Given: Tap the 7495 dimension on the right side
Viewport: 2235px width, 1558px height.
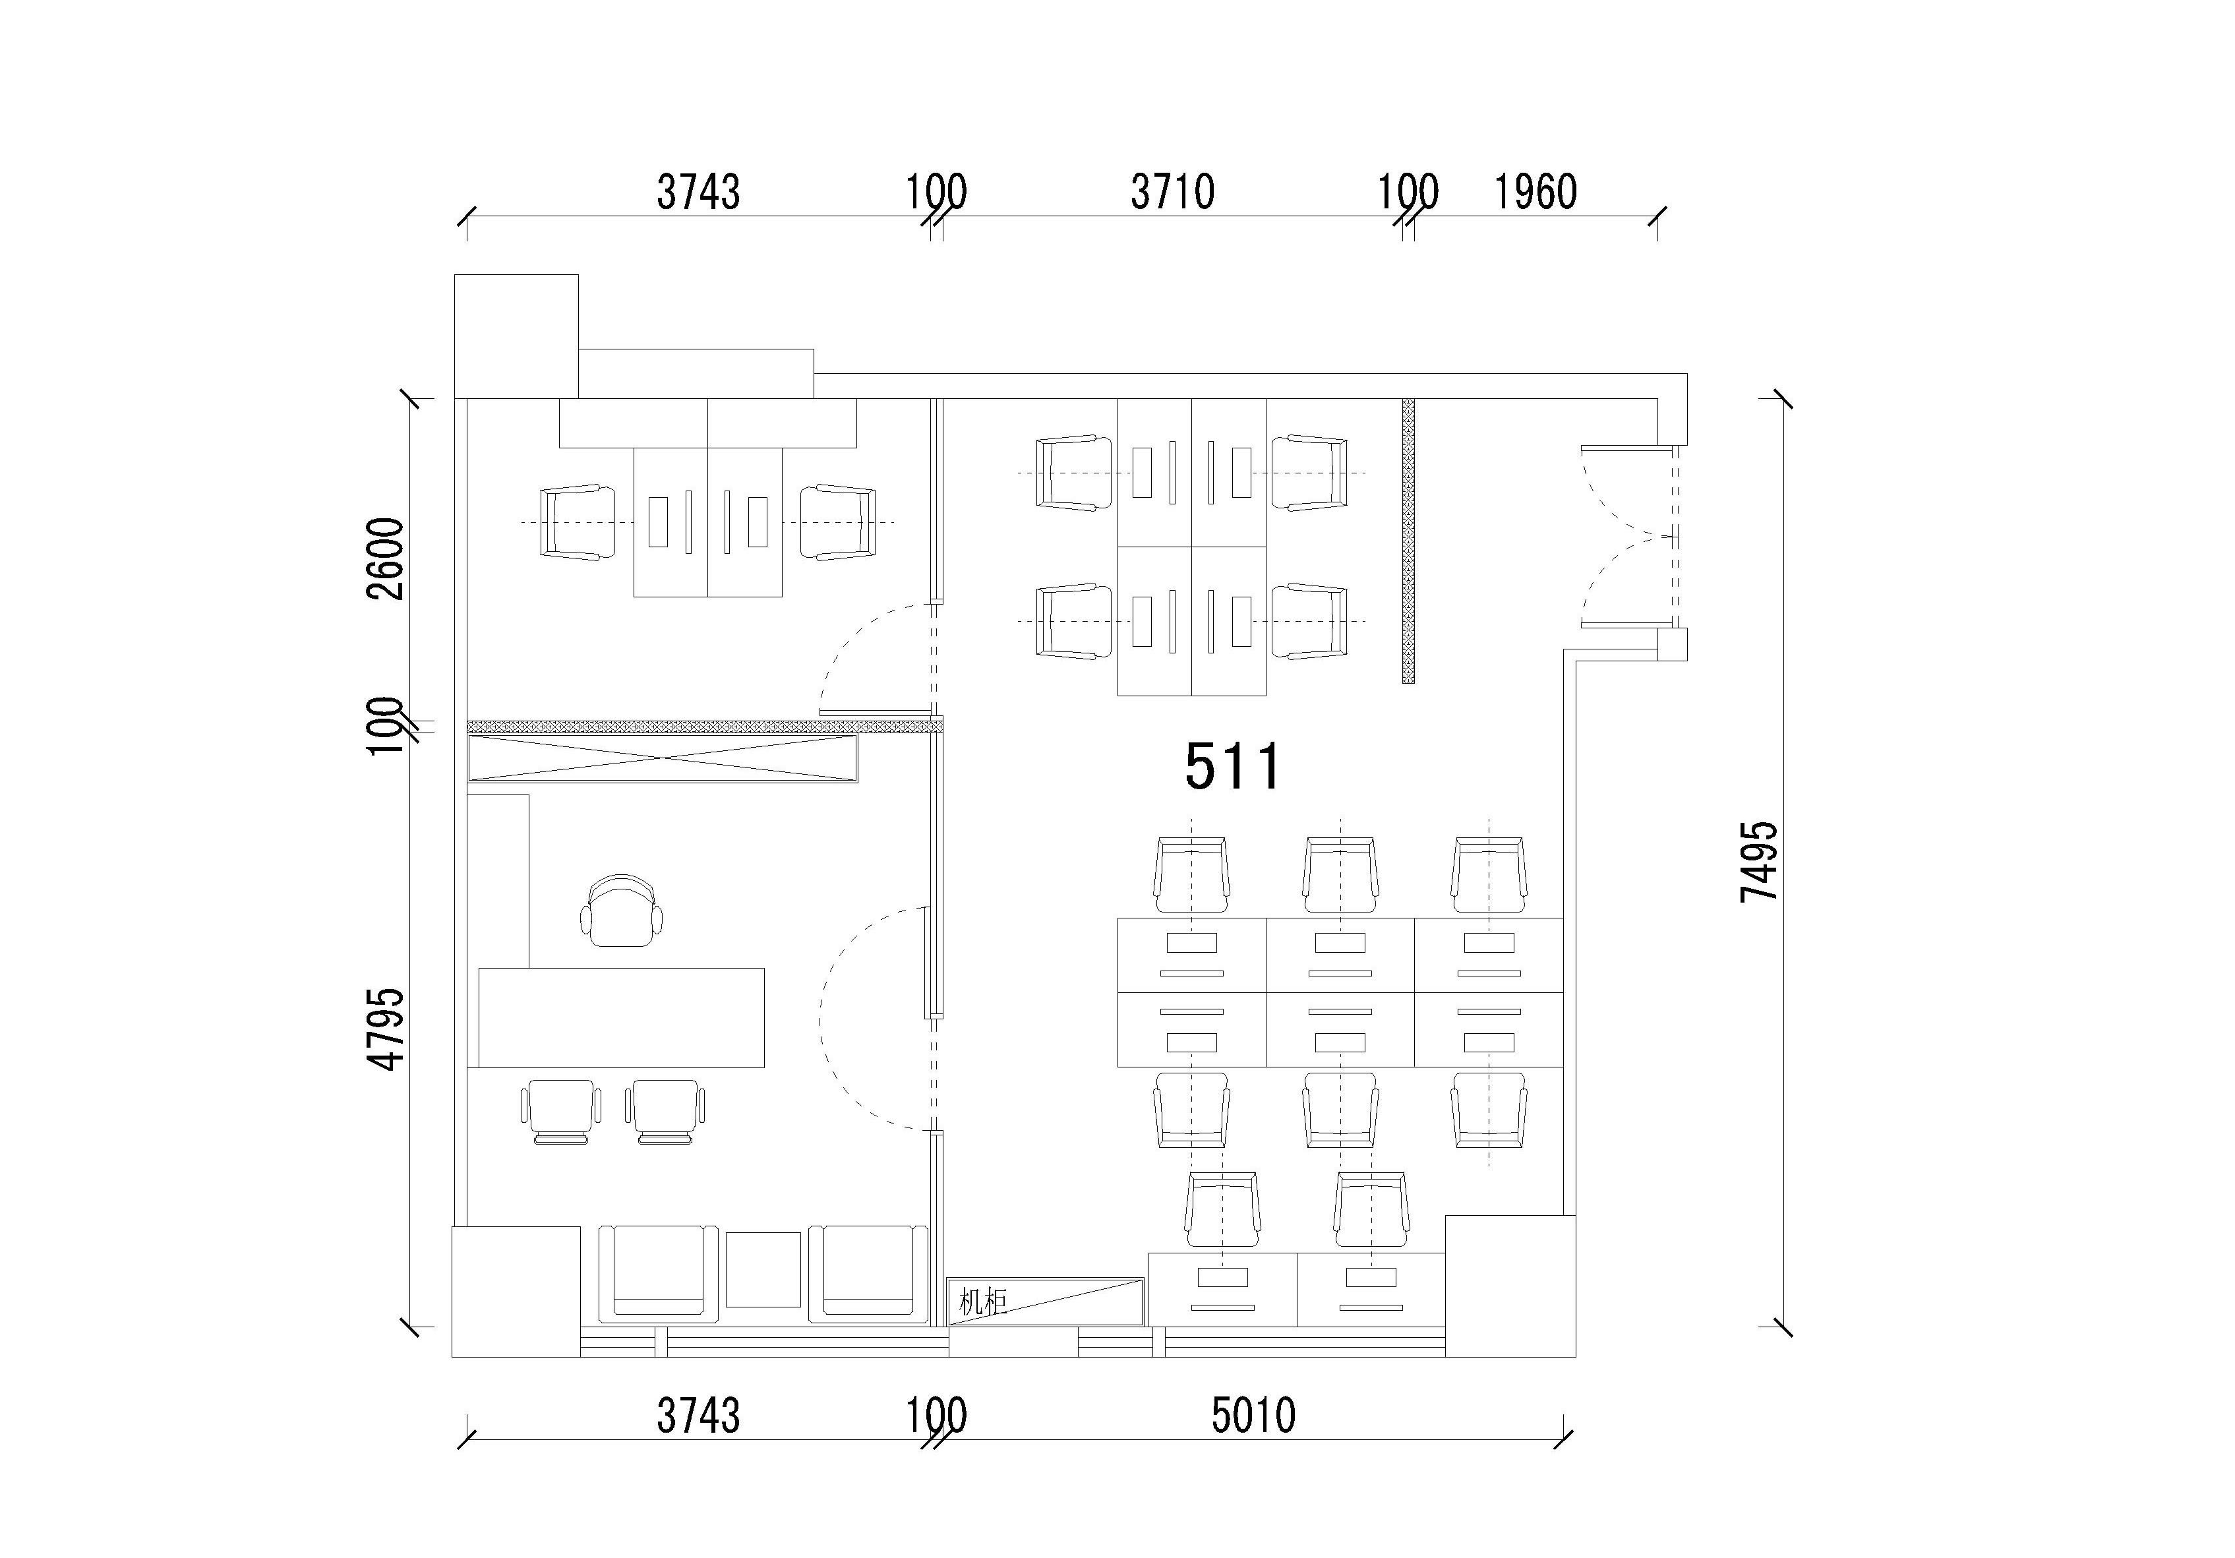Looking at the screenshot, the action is [x=1759, y=863].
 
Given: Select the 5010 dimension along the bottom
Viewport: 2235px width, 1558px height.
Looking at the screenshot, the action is [x=1254, y=1416].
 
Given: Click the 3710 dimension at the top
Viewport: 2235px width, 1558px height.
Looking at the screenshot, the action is [x=1172, y=192].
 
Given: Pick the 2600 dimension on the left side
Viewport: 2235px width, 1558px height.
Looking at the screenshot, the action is [x=386, y=559].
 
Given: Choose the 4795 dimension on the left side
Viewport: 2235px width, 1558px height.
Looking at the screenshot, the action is [x=386, y=1029].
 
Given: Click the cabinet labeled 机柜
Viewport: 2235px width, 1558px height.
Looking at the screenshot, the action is [x=1046, y=1301].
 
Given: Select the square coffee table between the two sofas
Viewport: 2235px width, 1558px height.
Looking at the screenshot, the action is [x=764, y=1270].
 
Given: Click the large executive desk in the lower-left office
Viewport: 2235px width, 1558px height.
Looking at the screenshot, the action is [x=621, y=1017].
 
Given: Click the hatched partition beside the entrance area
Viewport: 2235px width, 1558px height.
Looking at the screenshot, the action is [x=1408, y=541].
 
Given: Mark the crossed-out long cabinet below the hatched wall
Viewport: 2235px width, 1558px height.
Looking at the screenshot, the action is [x=663, y=758].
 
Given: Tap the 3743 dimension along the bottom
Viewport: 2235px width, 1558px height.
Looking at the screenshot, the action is [x=698, y=1416].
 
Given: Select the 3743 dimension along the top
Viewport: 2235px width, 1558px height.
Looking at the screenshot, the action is [x=698, y=192].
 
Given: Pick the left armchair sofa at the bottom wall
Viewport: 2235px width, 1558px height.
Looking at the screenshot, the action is [x=658, y=1274].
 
